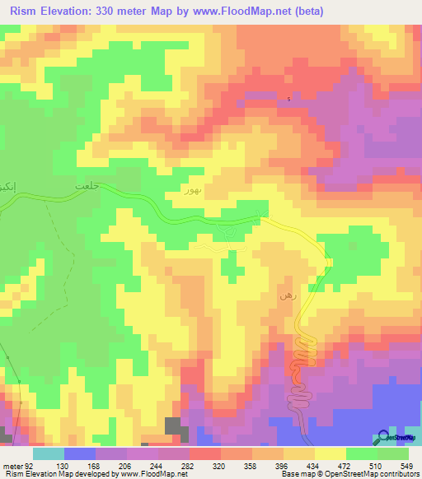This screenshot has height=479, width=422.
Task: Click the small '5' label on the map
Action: pos(288,100)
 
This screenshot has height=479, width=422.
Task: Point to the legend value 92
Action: pos(32,465)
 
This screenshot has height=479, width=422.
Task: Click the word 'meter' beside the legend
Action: pos(13,465)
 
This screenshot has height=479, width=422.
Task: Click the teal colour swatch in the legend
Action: pos(48,453)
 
